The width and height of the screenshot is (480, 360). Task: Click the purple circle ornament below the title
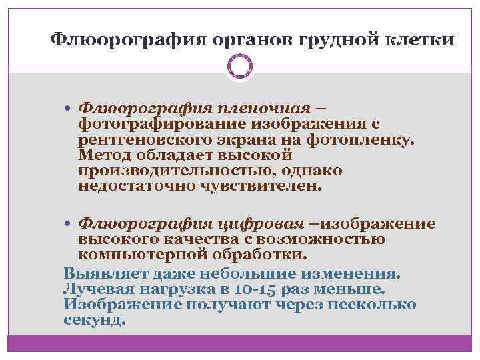point(240,67)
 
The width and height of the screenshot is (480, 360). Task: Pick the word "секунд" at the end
point(94,320)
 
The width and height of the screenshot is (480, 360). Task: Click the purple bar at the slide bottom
point(240,344)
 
